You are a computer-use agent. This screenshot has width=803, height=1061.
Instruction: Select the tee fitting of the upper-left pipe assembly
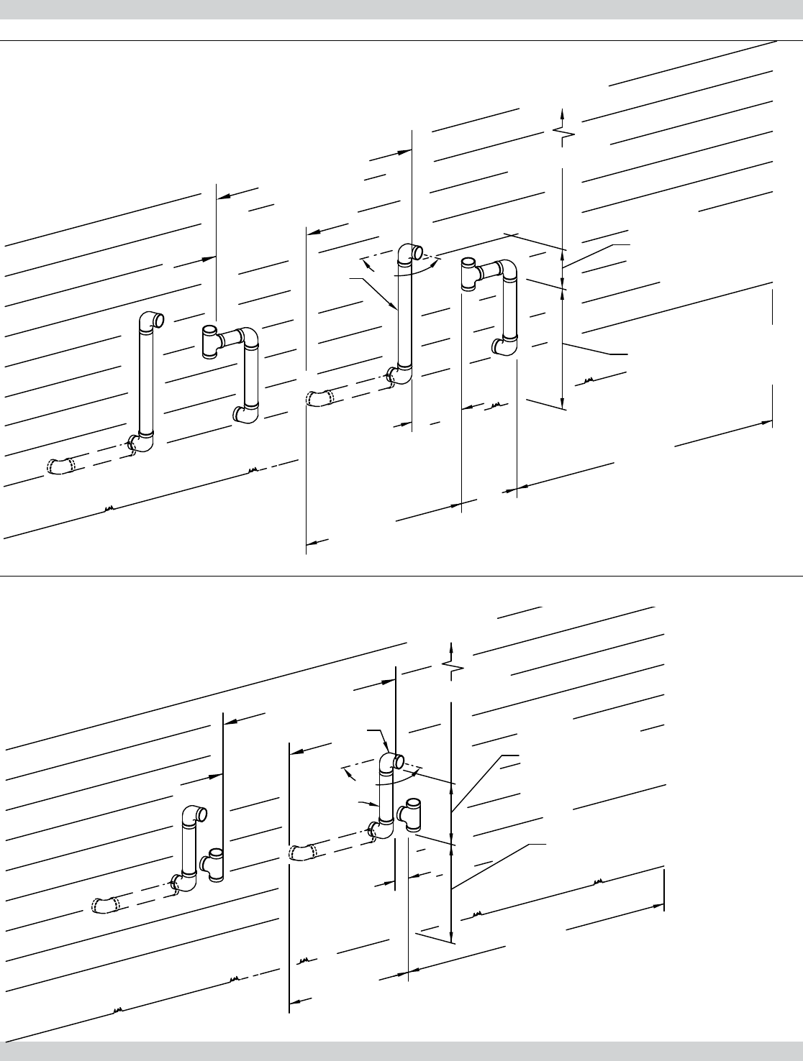[211, 340]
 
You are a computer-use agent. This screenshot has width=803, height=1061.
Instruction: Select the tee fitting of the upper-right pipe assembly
[468, 274]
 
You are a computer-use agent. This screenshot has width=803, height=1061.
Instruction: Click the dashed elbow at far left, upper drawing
[60, 466]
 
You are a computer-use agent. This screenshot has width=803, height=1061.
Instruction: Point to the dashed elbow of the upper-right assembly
[319, 398]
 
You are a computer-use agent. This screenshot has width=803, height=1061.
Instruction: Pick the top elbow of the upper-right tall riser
[412, 252]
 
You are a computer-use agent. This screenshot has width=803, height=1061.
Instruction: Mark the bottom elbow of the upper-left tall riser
[141, 444]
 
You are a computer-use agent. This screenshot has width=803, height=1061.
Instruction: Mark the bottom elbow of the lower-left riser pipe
[184, 881]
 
